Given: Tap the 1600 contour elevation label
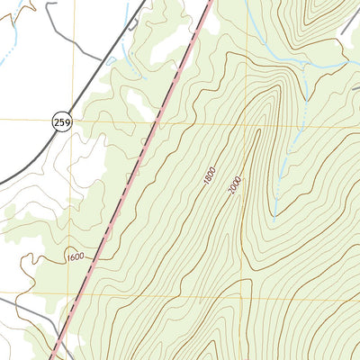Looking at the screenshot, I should point(75,258).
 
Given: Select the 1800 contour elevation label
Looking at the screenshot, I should point(210,177).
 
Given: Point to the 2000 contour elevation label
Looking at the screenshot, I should point(236,186).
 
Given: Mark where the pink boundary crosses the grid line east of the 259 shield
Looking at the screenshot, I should point(163,120).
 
